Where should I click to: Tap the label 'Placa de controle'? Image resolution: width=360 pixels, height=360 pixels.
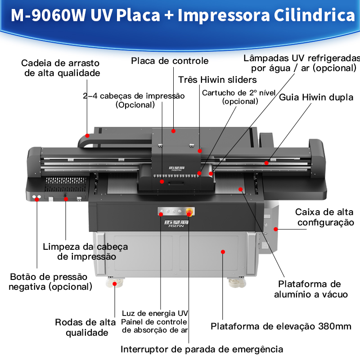point(170,61)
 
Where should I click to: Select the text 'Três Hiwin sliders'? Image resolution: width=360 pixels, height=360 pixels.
point(217,80)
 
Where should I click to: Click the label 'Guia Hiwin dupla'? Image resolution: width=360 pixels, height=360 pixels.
point(316,97)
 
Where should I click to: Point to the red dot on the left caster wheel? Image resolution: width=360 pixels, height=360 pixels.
point(115,284)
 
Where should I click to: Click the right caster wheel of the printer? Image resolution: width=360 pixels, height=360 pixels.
point(237,283)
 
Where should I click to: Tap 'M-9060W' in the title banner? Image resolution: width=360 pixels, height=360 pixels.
point(48,15)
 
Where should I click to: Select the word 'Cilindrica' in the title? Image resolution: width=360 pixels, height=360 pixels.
point(314,15)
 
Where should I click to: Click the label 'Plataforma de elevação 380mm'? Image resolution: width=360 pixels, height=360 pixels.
point(281,326)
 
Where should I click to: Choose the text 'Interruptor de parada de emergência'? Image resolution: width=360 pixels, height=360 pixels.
point(202,349)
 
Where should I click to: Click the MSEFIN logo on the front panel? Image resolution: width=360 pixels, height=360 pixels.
point(176,223)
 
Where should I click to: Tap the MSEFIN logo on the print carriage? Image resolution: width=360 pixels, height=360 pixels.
point(177,168)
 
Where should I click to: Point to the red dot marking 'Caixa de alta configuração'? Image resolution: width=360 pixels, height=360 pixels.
point(276,229)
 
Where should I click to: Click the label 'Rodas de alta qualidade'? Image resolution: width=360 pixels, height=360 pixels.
point(85,328)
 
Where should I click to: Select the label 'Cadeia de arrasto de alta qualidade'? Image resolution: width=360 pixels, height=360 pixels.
point(61,68)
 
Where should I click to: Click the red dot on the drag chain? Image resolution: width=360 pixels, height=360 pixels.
point(87,136)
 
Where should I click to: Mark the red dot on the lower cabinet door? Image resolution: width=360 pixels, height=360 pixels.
point(223,252)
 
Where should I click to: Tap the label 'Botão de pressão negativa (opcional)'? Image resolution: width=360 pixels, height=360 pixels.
point(50,282)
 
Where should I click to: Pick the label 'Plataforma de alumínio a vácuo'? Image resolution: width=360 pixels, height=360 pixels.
point(311,289)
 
